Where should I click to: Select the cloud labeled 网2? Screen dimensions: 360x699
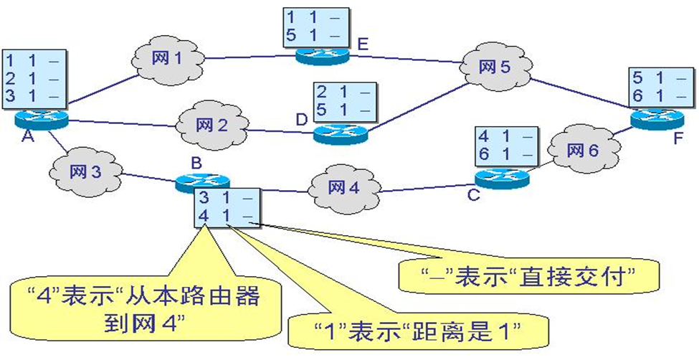coord(211,125)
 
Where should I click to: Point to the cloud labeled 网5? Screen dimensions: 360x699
coord(494,68)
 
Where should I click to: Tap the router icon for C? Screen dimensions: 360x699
coord(501,179)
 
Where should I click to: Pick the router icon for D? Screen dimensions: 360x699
coord(341,131)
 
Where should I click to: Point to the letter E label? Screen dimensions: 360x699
coord(362,45)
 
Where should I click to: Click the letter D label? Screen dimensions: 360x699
coord(301,120)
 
